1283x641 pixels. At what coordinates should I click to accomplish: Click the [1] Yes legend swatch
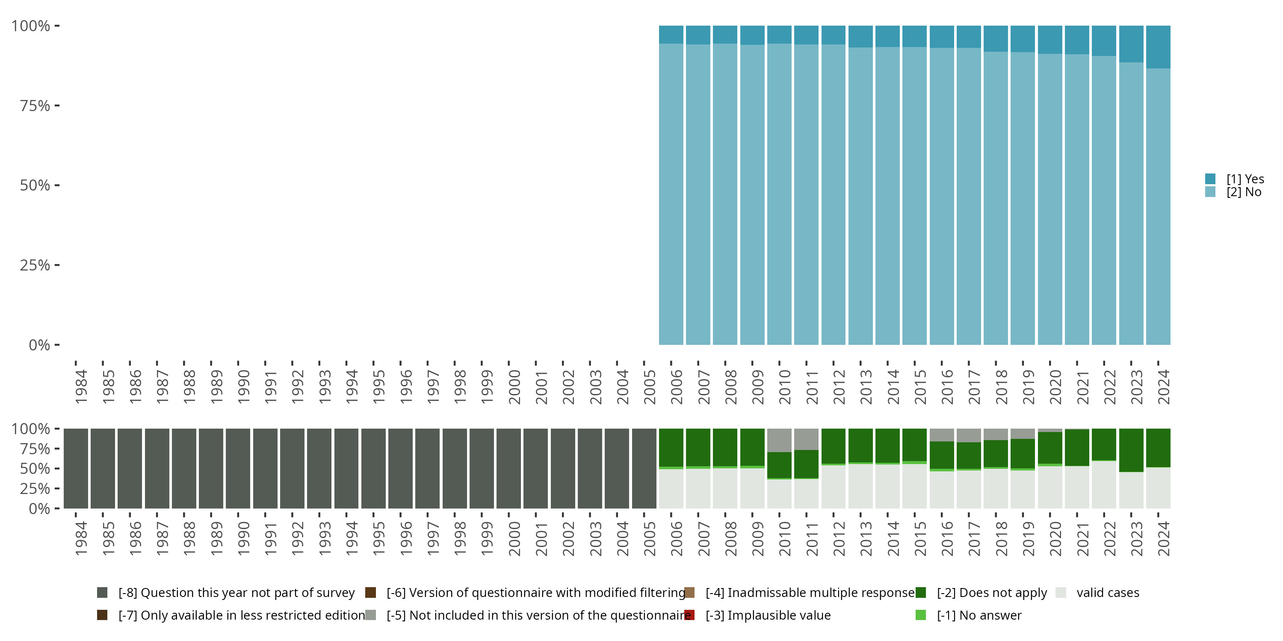pyautogui.click(x=1210, y=179)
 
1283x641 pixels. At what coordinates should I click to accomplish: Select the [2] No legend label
pyautogui.click(x=1244, y=192)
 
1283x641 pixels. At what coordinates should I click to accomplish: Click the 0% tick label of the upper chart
pyautogui.click(x=39, y=345)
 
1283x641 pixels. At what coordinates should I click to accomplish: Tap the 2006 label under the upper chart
pyautogui.click(x=677, y=387)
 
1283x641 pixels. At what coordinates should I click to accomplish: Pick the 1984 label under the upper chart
pyautogui.click(x=81, y=387)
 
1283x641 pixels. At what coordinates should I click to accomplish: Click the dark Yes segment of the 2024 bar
pyautogui.click(x=1158, y=47)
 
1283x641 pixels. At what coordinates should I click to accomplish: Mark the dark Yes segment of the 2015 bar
pyautogui.click(x=914, y=36)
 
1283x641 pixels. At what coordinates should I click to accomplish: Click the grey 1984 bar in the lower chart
pyautogui.click(x=76, y=468)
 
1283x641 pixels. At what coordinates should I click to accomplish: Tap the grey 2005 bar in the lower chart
pyautogui.click(x=644, y=468)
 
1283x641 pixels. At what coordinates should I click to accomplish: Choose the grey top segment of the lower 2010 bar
pyautogui.click(x=779, y=440)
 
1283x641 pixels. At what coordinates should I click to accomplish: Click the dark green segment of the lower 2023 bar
pyautogui.click(x=1131, y=450)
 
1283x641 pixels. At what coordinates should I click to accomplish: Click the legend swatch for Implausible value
pyautogui.click(x=690, y=615)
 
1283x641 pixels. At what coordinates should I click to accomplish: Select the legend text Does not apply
pyautogui.click(x=992, y=593)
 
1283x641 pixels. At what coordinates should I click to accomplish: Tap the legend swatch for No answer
pyautogui.click(x=920, y=615)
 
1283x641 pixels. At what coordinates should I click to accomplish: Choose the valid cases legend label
pyautogui.click(x=1108, y=593)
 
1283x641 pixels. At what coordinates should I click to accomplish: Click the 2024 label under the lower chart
pyautogui.click(x=1163, y=538)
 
